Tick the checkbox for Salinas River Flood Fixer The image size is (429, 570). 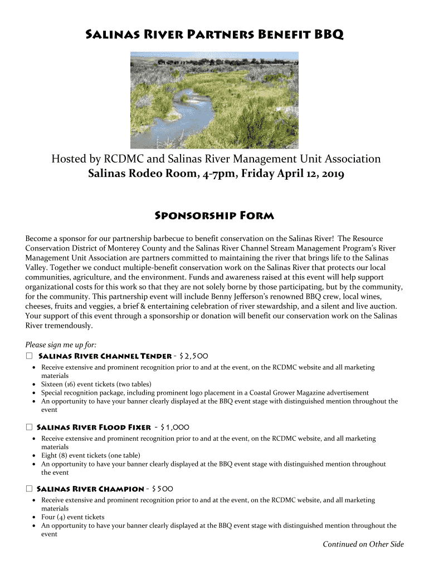coord(29,427)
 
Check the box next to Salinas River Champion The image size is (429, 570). coord(29,489)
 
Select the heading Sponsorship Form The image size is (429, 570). coord(214,215)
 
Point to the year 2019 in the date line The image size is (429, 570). coord(332,174)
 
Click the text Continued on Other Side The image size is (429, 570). coord(363,544)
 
